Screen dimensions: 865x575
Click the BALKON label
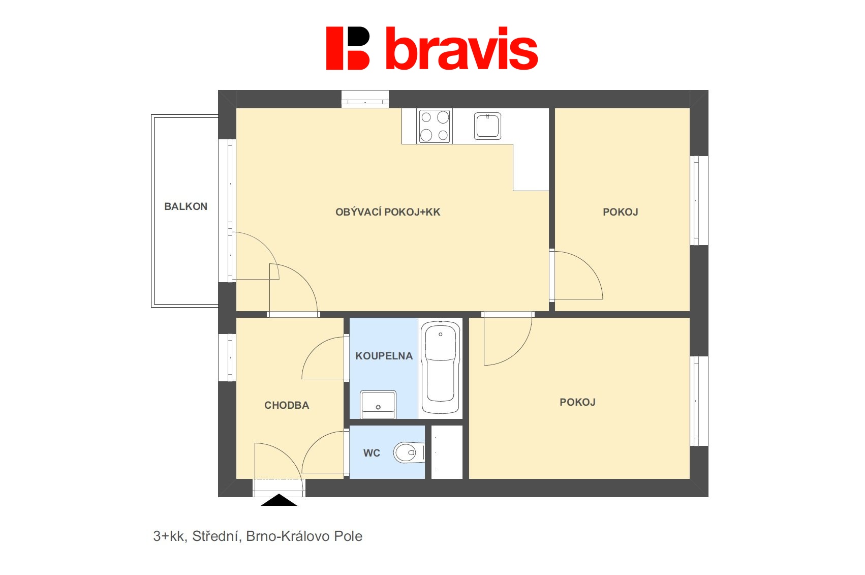(x=186, y=206)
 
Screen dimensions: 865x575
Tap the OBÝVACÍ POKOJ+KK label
(x=388, y=212)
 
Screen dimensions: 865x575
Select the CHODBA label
(x=287, y=405)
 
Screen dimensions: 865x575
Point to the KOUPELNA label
(x=384, y=356)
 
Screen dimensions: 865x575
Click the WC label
(x=372, y=453)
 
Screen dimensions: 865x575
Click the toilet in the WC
(x=409, y=452)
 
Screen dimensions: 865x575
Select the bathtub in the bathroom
(x=440, y=368)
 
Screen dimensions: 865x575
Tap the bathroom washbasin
(x=378, y=404)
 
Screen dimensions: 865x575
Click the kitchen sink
(x=487, y=126)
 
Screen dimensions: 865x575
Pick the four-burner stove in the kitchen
(x=435, y=126)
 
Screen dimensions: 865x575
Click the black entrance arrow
(x=279, y=500)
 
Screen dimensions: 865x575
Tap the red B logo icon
(x=348, y=48)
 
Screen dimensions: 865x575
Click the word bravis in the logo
(x=462, y=48)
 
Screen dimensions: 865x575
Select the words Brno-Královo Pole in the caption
(x=304, y=536)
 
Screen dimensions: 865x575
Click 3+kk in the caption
(x=169, y=536)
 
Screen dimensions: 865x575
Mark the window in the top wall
(x=365, y=99)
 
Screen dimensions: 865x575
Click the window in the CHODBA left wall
(x=227, y=357)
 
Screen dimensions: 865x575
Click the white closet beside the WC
(x=447, y=452)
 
